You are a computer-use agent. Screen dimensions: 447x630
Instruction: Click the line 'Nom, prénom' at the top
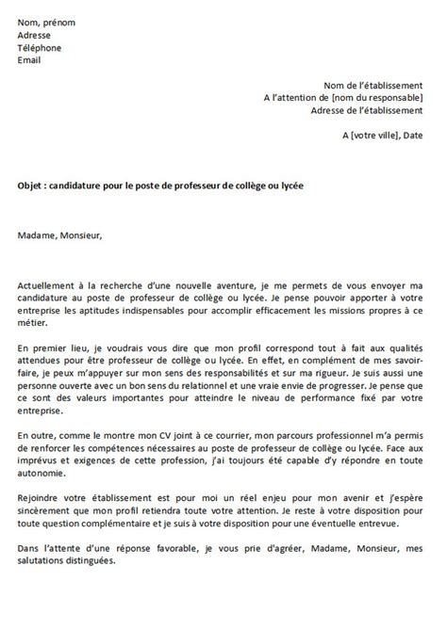click(x=46, y=21)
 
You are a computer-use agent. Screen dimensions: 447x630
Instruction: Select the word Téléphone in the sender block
click(x=39, y=47)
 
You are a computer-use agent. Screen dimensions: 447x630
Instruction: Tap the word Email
click(x=30, y=60)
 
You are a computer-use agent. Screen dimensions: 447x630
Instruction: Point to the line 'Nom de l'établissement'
click(x=372, y=86)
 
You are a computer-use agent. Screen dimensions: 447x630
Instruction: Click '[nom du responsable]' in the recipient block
click(x=376, y=98)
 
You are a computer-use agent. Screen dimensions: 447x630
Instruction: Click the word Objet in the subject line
click(x=30, y=186)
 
